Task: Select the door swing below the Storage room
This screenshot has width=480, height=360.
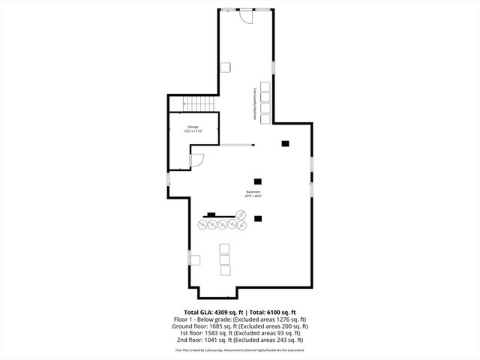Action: coord(198,159)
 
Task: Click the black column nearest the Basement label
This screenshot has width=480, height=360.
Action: coord(258,181)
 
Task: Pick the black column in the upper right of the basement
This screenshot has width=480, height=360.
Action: coord(284,143)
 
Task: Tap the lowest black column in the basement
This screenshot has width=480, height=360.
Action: coord(258,219)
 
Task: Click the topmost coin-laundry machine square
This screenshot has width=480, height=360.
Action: coord(265,85)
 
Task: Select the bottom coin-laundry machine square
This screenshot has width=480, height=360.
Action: coord(265,117)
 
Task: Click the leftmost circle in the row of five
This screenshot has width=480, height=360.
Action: coord(203,224)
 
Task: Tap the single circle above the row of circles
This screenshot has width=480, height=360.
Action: coord(241,214)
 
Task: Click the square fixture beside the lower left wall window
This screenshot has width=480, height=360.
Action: coord(195,260)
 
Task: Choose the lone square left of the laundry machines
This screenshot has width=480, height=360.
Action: coord(225,67)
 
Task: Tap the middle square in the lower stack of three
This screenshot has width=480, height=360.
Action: coord(224,259)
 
